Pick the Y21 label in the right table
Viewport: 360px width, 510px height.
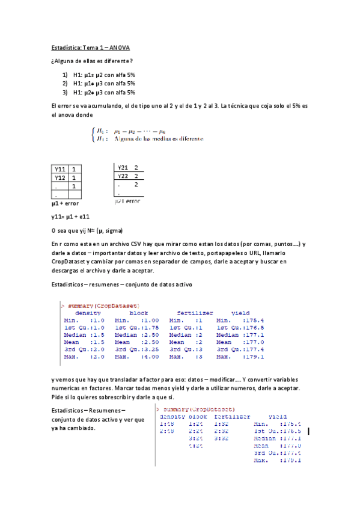pos(123,167)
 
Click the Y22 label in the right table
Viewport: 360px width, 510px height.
pos(123,176)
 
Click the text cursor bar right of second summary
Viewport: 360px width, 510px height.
pos(308,431)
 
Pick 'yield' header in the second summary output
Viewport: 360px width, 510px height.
pos(278,416)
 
